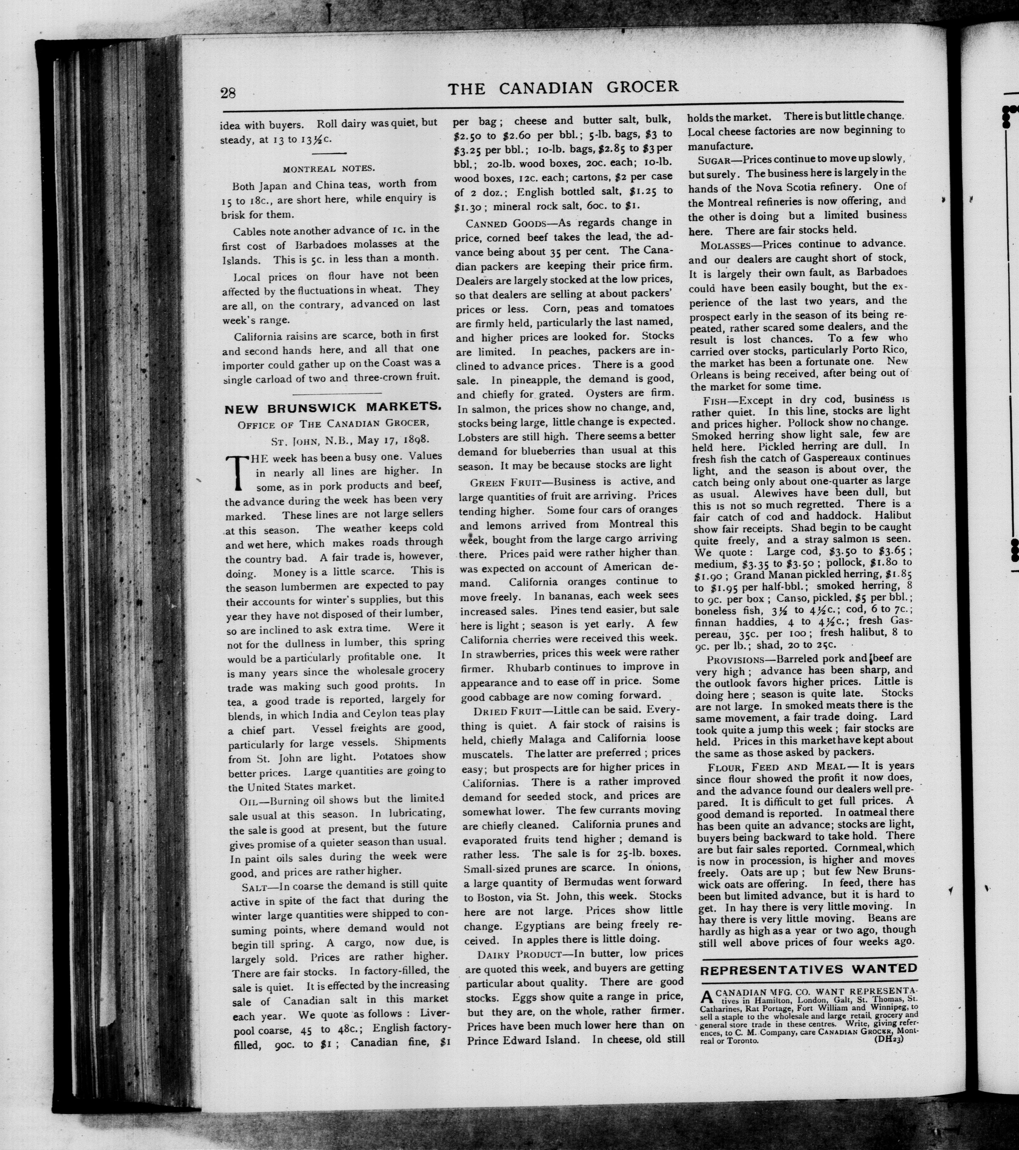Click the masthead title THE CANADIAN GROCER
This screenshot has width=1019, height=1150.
(x=563, y=88)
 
